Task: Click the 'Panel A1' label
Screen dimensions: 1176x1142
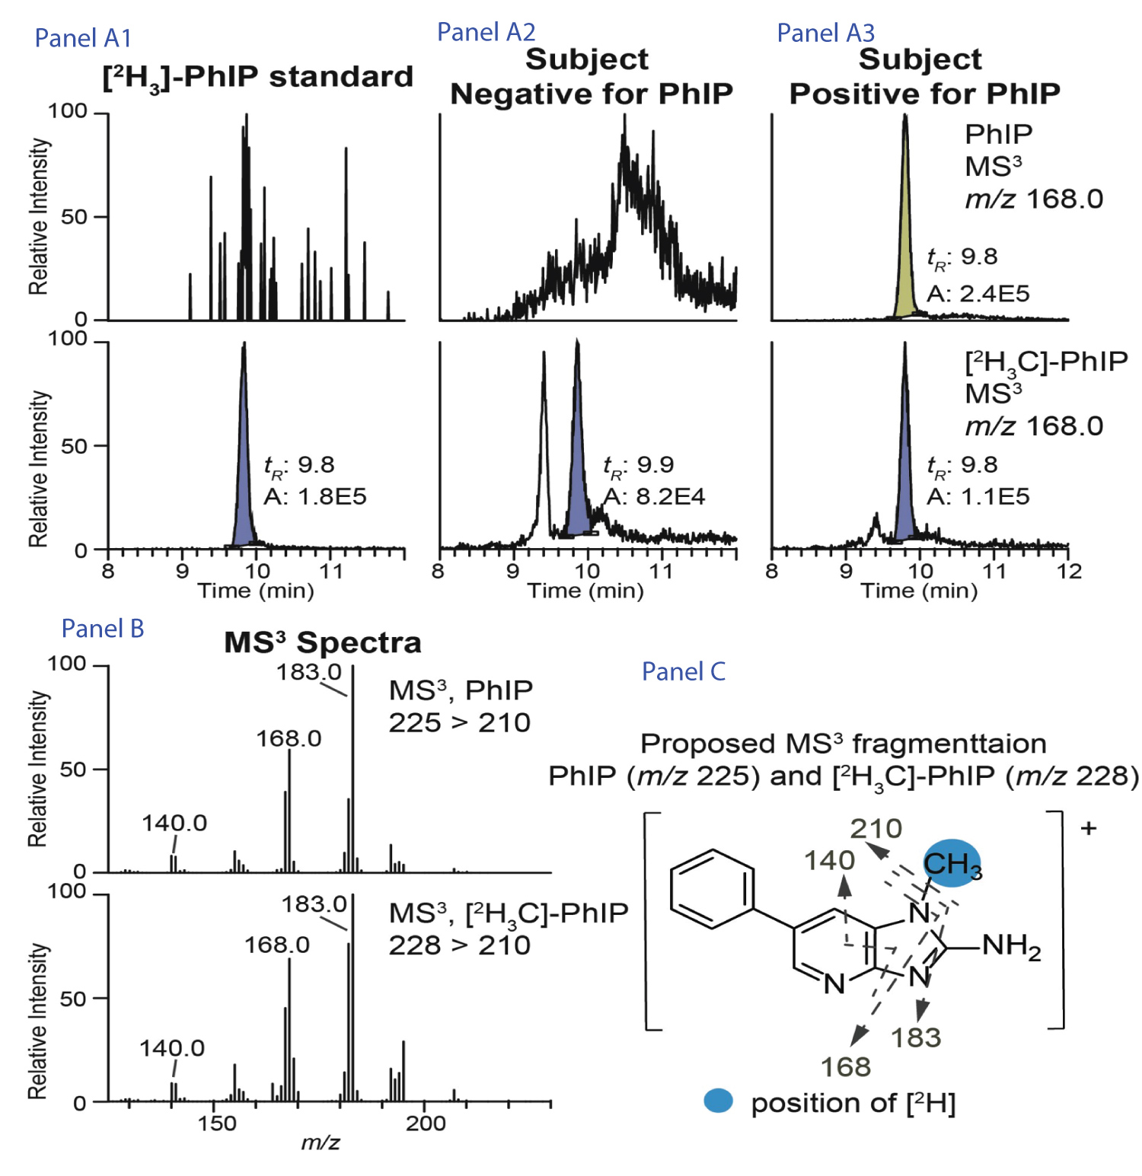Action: tap(83, 38)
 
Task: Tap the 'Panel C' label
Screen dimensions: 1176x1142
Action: tap(683, 671)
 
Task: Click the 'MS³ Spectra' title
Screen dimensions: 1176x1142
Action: tap(322, 642)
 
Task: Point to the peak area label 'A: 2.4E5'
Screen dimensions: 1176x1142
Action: tap(978, 293)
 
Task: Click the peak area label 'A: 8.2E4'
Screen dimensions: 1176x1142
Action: tap(654, 496)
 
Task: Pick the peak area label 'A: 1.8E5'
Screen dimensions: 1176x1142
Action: tap(315, 496)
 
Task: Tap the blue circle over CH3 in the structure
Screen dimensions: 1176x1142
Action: tap(952, 863)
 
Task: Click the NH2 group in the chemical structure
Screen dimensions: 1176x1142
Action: tap(1011, 946)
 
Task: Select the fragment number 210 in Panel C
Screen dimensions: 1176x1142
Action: tap(876, 828)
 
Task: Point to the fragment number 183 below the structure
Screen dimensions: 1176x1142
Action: tap(916, 1037)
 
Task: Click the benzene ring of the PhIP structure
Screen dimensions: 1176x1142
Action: tap(713, 889)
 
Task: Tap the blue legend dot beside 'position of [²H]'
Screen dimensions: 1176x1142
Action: tap(718, 1101)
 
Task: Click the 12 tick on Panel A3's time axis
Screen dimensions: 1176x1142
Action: tap(1069, 572)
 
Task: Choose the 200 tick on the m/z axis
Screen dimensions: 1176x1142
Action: tap(426, 1123)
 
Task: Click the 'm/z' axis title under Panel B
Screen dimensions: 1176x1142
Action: tap(321, 1143)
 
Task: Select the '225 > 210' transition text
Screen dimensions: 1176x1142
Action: tap(459, 722)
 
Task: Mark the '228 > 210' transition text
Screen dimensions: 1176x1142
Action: tap(459, 945)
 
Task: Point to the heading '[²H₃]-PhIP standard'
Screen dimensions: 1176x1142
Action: tap(257, 78)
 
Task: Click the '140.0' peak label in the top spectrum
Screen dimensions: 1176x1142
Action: tap(174, 823)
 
